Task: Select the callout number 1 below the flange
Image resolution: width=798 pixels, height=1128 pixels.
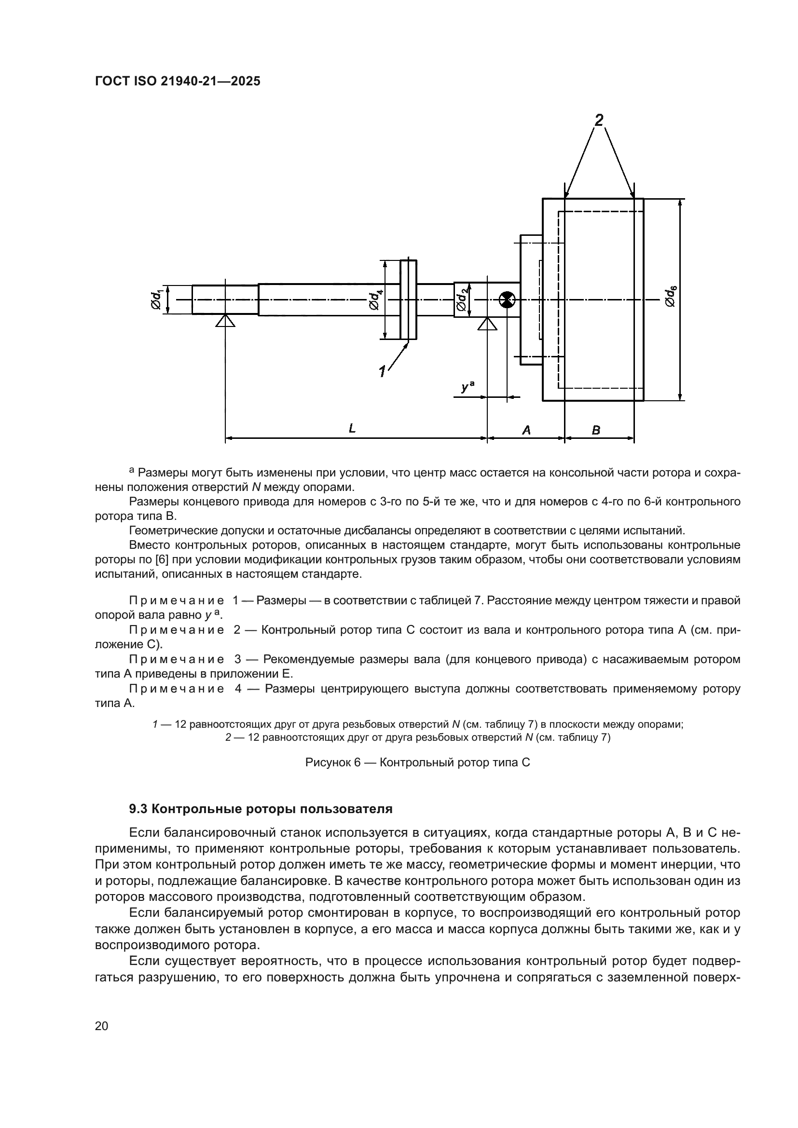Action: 382,371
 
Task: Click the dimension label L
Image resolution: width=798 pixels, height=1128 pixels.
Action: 352,429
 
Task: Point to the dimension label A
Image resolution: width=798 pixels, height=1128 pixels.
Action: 526,430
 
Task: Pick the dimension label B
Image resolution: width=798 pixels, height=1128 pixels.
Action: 596,430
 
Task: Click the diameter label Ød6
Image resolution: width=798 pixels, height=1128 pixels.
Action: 670,296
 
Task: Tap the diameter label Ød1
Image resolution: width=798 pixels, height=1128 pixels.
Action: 156,299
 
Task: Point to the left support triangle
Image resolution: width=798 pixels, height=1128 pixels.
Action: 225,321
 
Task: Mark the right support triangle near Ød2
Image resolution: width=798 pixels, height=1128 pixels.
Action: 487,324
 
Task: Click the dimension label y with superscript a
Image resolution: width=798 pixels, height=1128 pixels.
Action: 468,387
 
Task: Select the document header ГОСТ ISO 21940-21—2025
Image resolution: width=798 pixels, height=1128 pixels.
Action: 178,82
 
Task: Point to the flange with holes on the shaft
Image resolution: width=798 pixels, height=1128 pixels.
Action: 408,299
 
